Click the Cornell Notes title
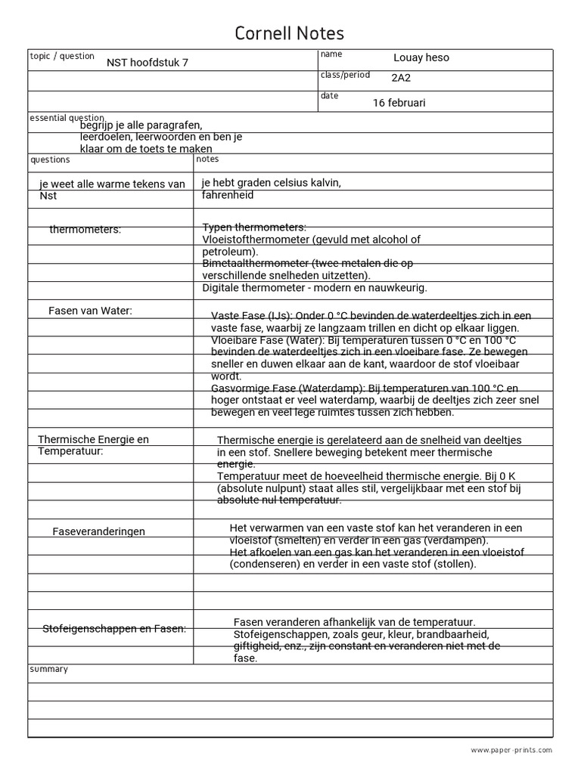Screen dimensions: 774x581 pyautogui.click(x=290, y=33)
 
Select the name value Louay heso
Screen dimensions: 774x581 pyautogui.click(x=421, y=58)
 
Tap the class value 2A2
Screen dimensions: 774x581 pyautogui.click(x=402, y=78)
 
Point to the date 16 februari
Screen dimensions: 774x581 pyautogui.click(x=400, y=103)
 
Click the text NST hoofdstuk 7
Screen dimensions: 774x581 pyautogui.click(x=147, y=63)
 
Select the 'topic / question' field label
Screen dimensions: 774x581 pyautogui.click(x=62, y=56)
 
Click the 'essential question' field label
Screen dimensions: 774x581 pyautogui.click(x=67, y=118)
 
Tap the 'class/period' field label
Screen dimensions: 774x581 pyautogui.click(x=345, y=75)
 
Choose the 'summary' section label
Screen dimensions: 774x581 pyautogui.click(x=48, y=669)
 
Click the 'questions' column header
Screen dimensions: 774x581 pyautogui.click(x=50, y=159)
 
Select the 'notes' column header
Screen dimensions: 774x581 pyautogui.click(x=207, y=159)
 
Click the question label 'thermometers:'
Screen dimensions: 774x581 pyautogui.click(x=85, y=230)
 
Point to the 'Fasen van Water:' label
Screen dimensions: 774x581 pyautogui.click(x=90, y=311)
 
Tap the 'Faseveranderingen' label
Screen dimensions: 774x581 pyautogui.click(x=98, y=531)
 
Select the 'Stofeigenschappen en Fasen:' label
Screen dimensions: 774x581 pyautogui.click(x=113, y=628)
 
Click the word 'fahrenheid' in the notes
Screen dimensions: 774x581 pyautogui.click(x=228, y=195)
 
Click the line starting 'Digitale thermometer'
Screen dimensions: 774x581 pyautogui.click(x=314, y=288)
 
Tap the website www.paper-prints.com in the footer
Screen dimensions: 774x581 pyautogui.click(x=511, y=750)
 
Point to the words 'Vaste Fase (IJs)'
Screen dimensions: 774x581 pyautogui.click(x=248, y=316)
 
